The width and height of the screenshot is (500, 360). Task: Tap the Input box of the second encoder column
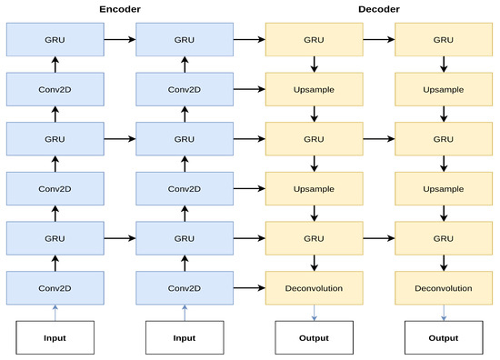(x=184, y=337)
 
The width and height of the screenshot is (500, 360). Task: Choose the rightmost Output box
(x=444, y=337)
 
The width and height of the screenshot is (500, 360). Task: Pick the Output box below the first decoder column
(x=314, y=337)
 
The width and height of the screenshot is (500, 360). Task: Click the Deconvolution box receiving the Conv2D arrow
(x=314, y=288)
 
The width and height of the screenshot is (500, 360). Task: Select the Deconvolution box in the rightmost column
(x=444, y=288)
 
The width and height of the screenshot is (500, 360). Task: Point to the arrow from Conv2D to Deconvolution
(x=248, y=288)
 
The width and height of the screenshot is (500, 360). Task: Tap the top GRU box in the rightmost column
(x=444, y=40)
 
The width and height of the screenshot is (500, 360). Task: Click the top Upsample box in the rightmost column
(x=444, y=90)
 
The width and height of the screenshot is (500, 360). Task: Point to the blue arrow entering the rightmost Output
(x=444, y=313)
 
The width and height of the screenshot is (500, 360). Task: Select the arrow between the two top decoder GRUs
(x=378, y=40)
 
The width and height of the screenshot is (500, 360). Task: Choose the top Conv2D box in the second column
(x=184, y=90)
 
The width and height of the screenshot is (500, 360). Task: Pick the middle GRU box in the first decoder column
(x=314, y=139)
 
